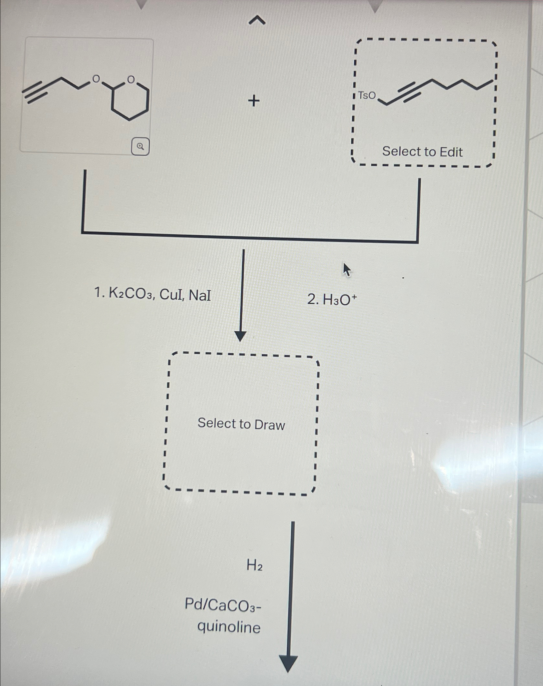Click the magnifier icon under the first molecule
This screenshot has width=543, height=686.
tap(140, 147)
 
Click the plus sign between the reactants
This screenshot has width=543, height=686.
tap(254, 101)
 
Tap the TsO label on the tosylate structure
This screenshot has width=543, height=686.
tap(367, 96)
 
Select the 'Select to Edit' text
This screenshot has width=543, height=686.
tap(422, 152)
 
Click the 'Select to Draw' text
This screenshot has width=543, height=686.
tap(241, 424)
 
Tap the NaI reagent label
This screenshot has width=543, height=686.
tap(200, 295)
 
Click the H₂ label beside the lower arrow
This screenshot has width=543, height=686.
tap(255, 565)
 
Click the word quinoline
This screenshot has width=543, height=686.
tap(229, 627)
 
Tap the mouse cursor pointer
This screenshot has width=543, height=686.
tap(347, 270)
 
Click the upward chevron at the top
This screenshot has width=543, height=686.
tap(257, 21)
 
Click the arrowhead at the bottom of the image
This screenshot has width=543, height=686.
tap(288, 664)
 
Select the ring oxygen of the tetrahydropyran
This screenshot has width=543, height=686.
tap(131, 79)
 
